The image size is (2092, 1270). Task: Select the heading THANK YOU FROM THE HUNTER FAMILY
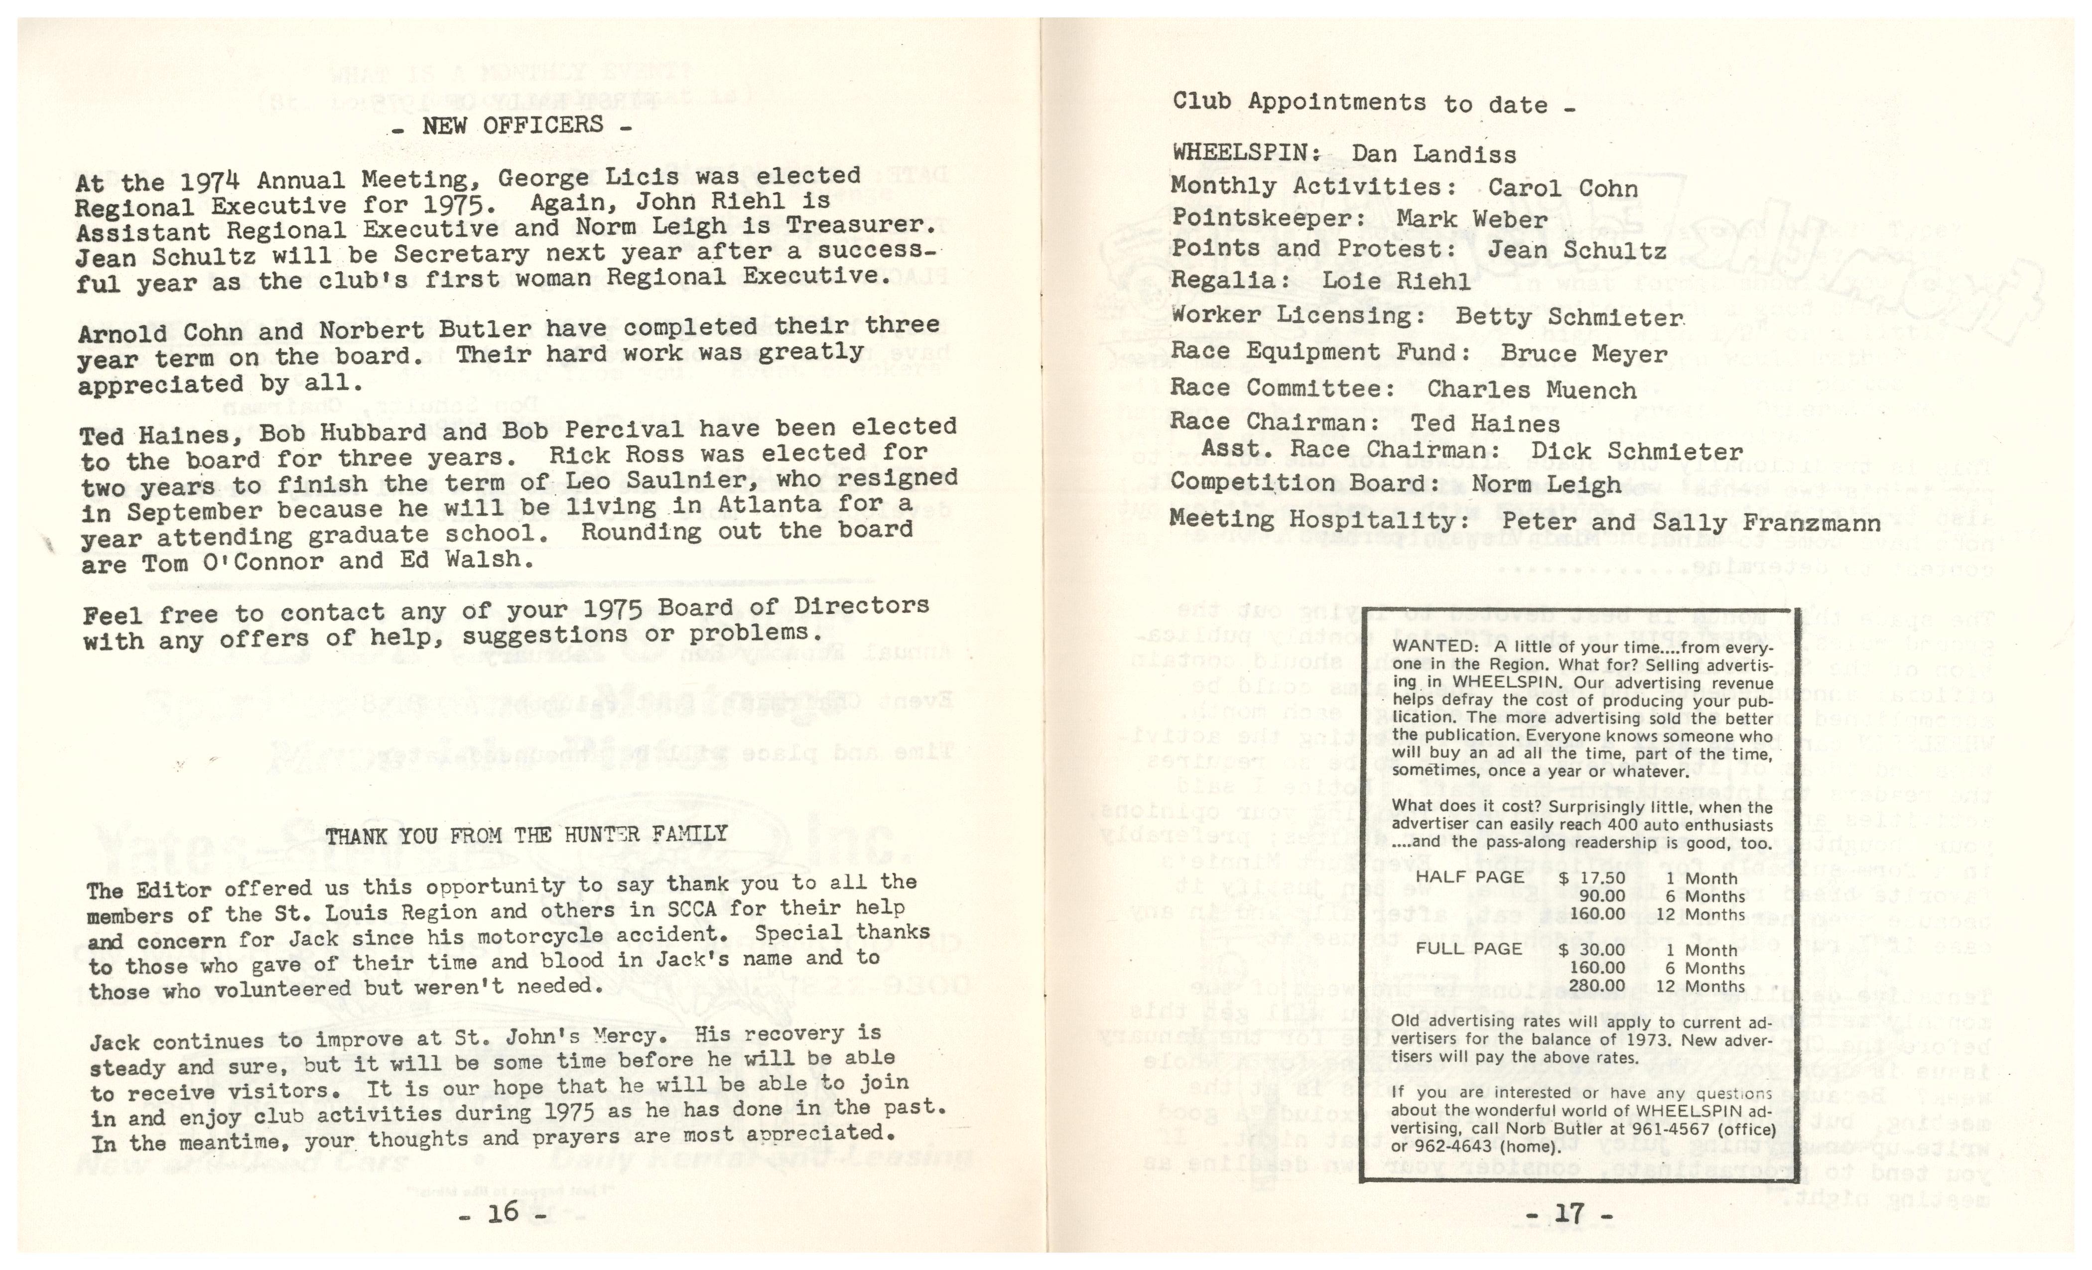coord(526,835)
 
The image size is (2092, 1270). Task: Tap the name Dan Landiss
coord(1434,154)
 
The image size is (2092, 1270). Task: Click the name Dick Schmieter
coord(1636,452)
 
